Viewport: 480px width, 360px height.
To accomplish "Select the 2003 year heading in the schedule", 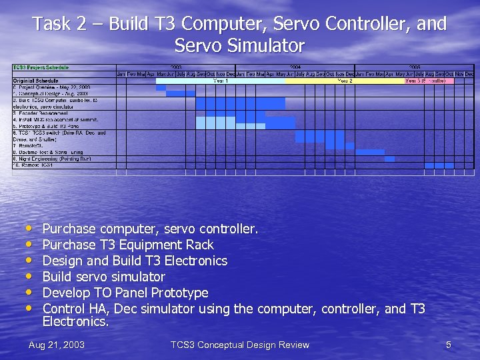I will [x=176, y=67].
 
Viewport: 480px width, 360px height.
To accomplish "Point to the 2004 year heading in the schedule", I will [x=295, y=67].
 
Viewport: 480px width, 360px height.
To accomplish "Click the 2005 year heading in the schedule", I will [x=415, y=67].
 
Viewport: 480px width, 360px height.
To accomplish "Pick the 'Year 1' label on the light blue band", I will [x=220, y=81].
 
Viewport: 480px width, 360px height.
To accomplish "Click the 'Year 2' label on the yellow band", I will [x=345, y=81].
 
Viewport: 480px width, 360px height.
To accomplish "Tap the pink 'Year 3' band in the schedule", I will [x=429, y=81].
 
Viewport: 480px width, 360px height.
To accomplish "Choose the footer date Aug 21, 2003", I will [x=57, y=345].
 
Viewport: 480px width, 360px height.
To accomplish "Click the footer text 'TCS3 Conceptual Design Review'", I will [x=239, y=345].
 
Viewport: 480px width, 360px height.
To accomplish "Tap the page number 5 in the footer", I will [x=449, y=345].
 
